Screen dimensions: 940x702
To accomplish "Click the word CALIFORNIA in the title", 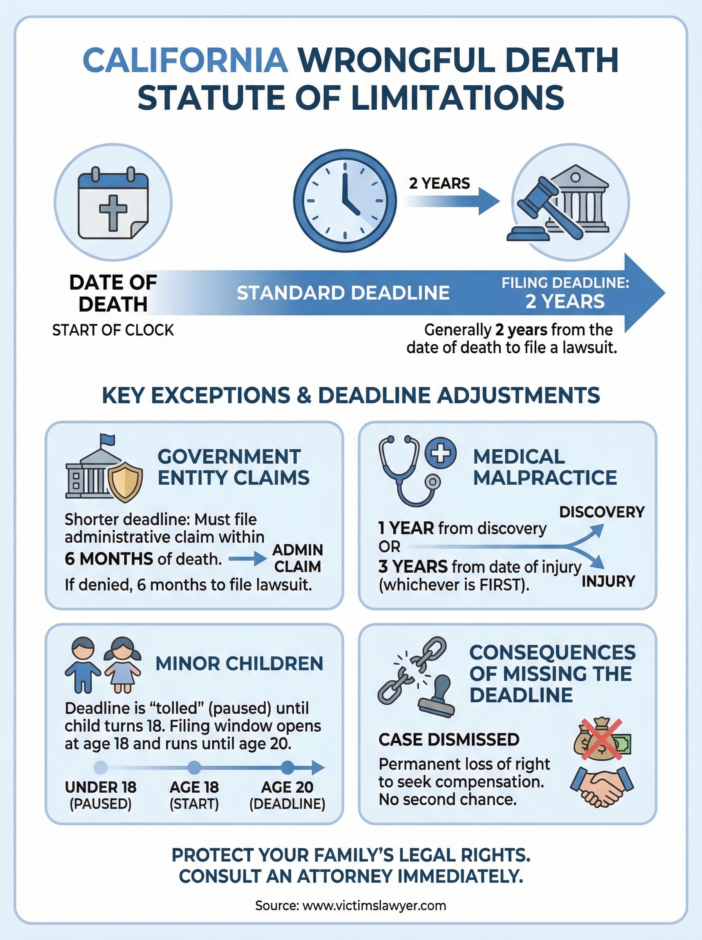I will [x=186, y=60].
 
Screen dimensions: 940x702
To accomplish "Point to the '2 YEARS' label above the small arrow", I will [x=440, y=184].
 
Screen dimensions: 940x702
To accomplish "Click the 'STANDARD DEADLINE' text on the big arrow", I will [x=343, y=293].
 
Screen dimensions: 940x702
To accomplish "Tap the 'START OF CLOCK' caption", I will [x=113, y=330].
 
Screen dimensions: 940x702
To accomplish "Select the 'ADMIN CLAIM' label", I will [x=297, y=558].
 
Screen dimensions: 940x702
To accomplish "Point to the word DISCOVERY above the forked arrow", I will [x=602, y=512].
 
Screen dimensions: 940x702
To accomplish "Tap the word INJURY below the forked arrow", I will [x=608, y=581].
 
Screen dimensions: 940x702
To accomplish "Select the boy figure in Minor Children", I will [x=83, y=665].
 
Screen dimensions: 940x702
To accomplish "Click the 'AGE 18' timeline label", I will [x=194, y=787].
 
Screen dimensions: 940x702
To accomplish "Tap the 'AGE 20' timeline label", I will [x=287, y=787].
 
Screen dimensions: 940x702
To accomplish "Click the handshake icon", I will [x=602, y=785].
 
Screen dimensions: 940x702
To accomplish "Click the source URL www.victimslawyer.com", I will [x=374, y=906].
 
